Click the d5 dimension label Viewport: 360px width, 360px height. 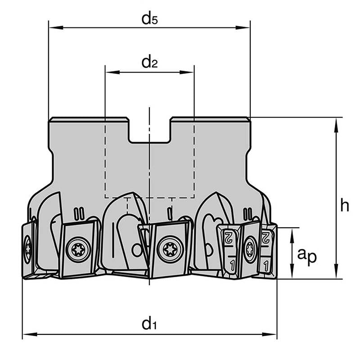[149, 19]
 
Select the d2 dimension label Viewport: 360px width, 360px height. [149, 63]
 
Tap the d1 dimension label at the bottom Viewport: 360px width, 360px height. [149, 324]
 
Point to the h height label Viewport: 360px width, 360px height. [344, 205]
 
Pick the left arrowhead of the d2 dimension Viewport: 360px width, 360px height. [109, 72]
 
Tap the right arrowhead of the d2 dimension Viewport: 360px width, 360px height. [190, 72]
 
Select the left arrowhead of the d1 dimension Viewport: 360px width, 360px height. [27, 334]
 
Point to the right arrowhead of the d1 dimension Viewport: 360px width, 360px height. [272, 334]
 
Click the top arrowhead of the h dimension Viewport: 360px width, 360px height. [336, 122]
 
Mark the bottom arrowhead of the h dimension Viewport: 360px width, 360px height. [336, 274]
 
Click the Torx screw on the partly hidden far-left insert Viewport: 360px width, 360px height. [28, 248]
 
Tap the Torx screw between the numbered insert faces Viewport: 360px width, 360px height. [249, 248]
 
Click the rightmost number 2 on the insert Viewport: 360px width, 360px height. [266, 236]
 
